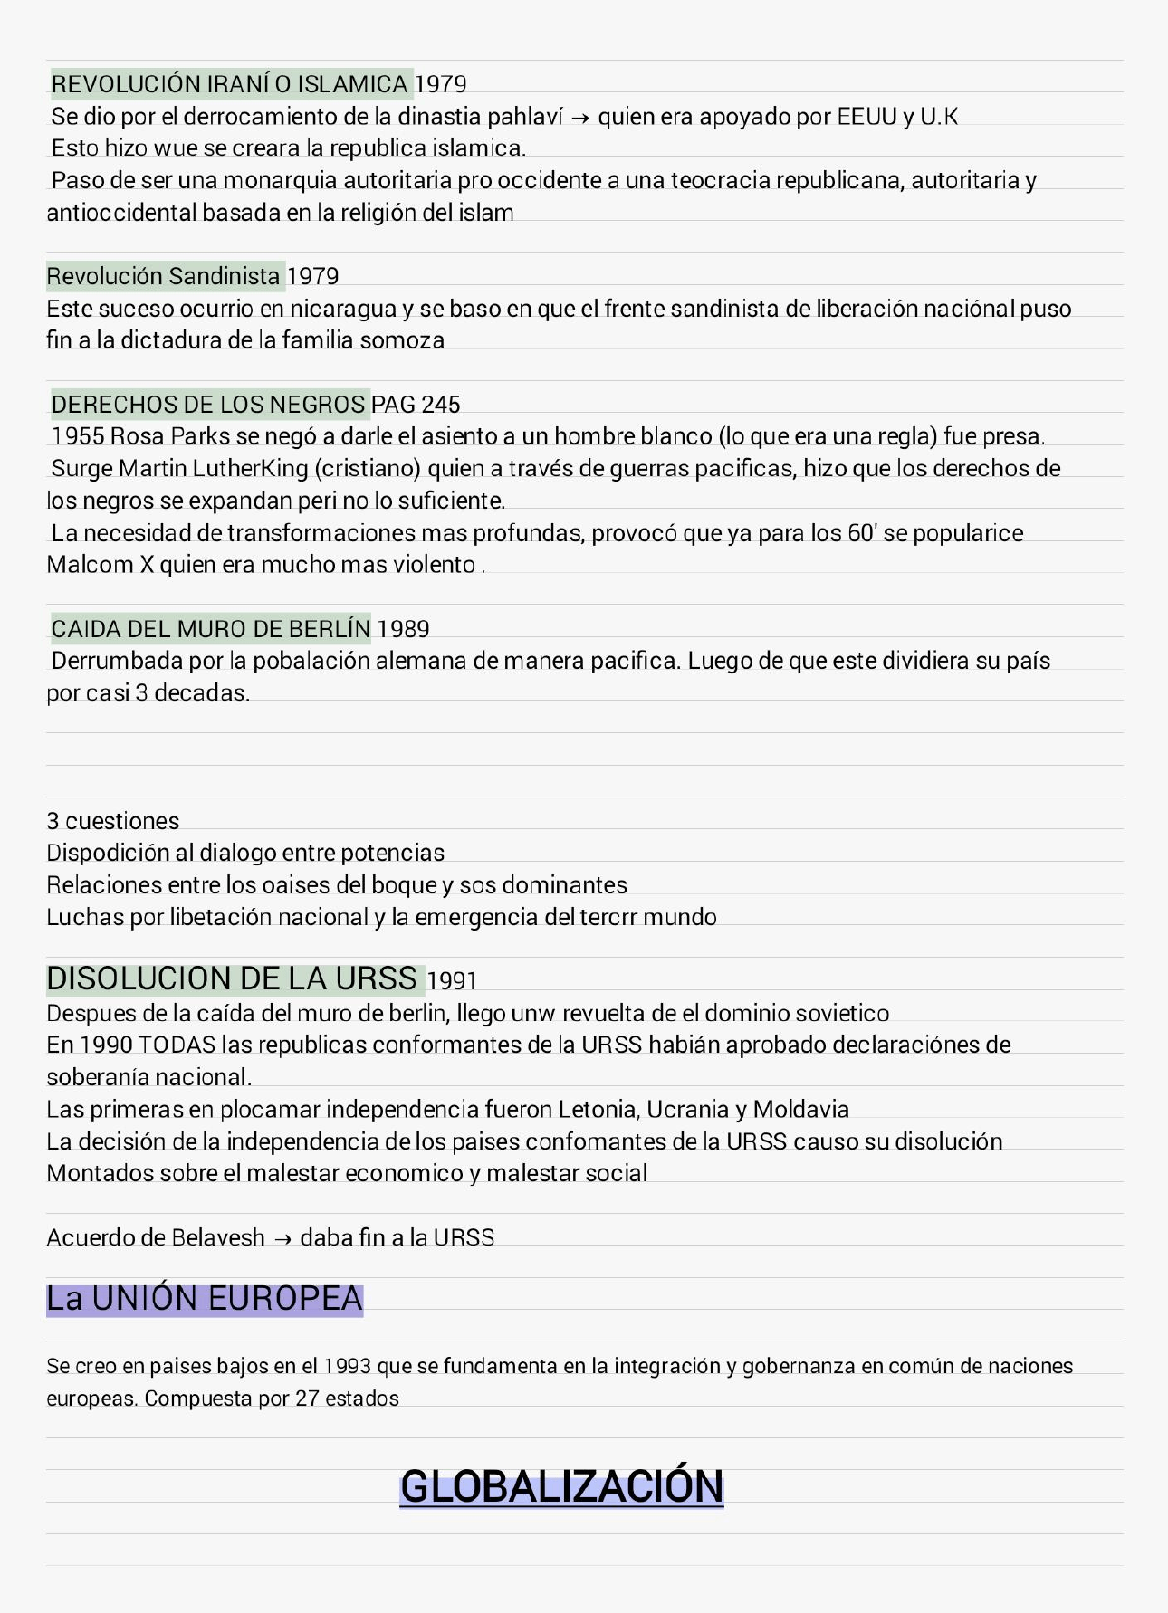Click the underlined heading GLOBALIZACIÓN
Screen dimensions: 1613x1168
(561, 1486)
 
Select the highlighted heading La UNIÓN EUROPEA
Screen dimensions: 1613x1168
(205, 1299)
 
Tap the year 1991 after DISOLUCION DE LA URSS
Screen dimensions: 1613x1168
(451, 980)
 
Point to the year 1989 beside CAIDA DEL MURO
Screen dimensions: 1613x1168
(403, 628)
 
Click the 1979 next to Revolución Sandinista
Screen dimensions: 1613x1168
(312, 276)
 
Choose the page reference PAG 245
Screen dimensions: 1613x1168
(416, 404)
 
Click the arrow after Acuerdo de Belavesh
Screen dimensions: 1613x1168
(282, 1238)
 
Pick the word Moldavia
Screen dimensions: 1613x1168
(800, 1109)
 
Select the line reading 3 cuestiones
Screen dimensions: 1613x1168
(113, 821)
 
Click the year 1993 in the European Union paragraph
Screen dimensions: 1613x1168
(347, 1366)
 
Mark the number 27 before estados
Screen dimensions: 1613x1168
(307, 1398)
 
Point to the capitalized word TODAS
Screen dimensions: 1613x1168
(177, 1045)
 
